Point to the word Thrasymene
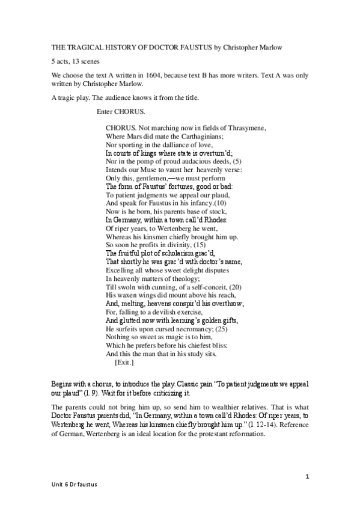coord(246,128)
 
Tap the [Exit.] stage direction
coord(124,363)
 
